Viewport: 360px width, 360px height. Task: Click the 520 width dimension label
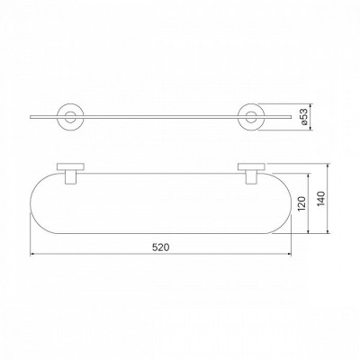click(x=160, y=247)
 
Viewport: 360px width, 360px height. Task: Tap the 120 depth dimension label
click(x=302, y=203)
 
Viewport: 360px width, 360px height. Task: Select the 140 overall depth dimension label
click(x=321, y=198)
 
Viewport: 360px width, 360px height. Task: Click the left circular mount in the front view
click(x=70, y=104)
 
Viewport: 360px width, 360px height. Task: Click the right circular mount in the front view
click(x=251, y=104)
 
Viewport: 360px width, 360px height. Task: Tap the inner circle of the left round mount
click(x=70, y=112)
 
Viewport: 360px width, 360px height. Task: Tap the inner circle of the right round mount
click(x=251, y=112)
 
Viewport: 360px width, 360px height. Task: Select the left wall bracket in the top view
click(x=70, y=173)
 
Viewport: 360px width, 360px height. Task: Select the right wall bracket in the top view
click(x=251, y=173)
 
